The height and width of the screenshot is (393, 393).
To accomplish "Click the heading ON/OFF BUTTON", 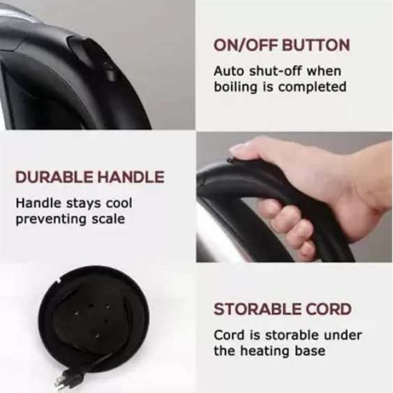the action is click(281, 45).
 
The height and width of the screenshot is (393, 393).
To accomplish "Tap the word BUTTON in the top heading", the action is click(316, 45).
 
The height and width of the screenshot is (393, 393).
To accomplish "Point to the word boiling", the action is click(236, 87).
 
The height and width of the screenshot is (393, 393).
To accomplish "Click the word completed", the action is click(313, 87).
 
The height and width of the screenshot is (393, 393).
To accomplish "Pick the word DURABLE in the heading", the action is click(54, 177).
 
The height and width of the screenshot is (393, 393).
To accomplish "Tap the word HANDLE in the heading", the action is click(131, 177).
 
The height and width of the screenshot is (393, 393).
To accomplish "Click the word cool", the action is click(119, 203).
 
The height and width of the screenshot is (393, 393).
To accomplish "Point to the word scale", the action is click(108, 219).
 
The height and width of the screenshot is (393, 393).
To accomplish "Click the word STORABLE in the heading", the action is click(257, 309).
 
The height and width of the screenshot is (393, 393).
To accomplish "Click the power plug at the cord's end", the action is click(68, 378).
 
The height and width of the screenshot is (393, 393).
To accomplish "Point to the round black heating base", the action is click(94, 319).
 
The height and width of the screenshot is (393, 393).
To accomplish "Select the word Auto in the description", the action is click(229, 71).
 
